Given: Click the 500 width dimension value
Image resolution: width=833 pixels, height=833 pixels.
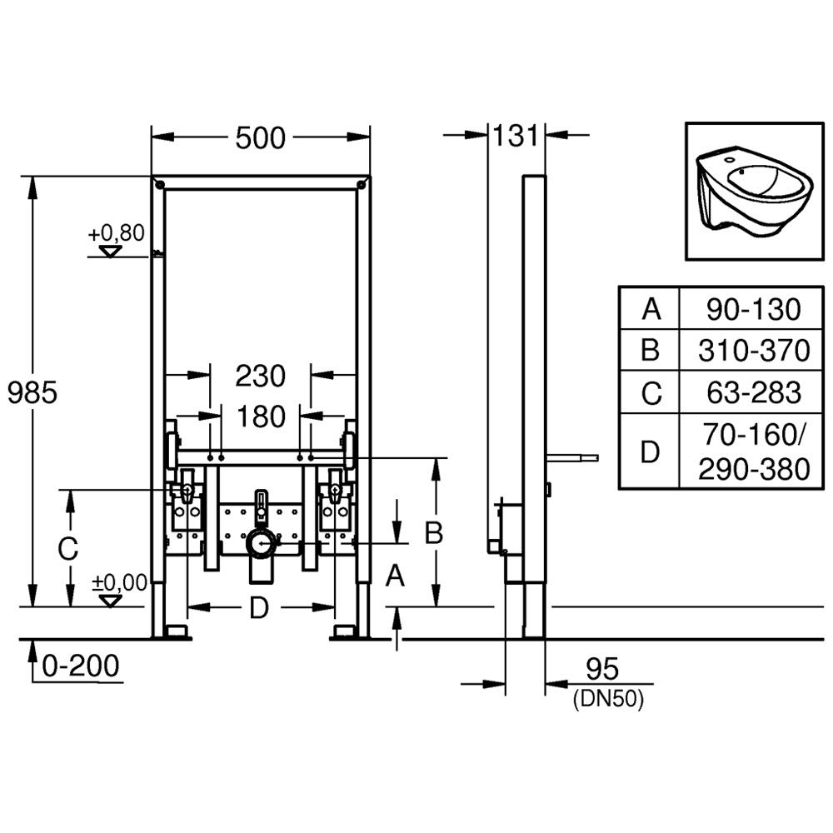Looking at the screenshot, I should click(x=260, y=138).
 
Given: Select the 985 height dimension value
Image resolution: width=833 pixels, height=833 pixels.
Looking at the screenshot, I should click(x=32, y=392).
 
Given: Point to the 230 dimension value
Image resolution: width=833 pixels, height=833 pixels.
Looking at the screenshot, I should click(x=260, y=376).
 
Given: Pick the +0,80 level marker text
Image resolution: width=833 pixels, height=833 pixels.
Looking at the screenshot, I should click(x=117, y=232).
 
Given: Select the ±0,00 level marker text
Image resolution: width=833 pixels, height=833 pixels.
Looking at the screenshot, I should click(x=118, y=582).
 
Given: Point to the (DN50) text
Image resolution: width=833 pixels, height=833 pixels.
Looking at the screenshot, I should click(x=608, y=701).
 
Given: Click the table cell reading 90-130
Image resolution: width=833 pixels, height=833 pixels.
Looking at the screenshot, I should click(x=753, y=310).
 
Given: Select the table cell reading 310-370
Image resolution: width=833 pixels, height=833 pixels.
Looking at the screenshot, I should click(x=753, y=351).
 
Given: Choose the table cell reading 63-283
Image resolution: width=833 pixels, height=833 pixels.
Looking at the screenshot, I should click(x=753, y=392).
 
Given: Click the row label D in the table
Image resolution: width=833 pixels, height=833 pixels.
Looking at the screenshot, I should click(x=650, y=452).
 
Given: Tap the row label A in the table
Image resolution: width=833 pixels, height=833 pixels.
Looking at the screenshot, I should click(x=650, y=310).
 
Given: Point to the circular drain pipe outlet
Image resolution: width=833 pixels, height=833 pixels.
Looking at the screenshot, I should click(x=262, y=544).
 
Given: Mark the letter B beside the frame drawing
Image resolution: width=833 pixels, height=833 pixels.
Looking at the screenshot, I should click(x=433, y=533).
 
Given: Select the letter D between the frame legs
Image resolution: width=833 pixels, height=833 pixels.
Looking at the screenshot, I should click(x=260, y=609).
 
